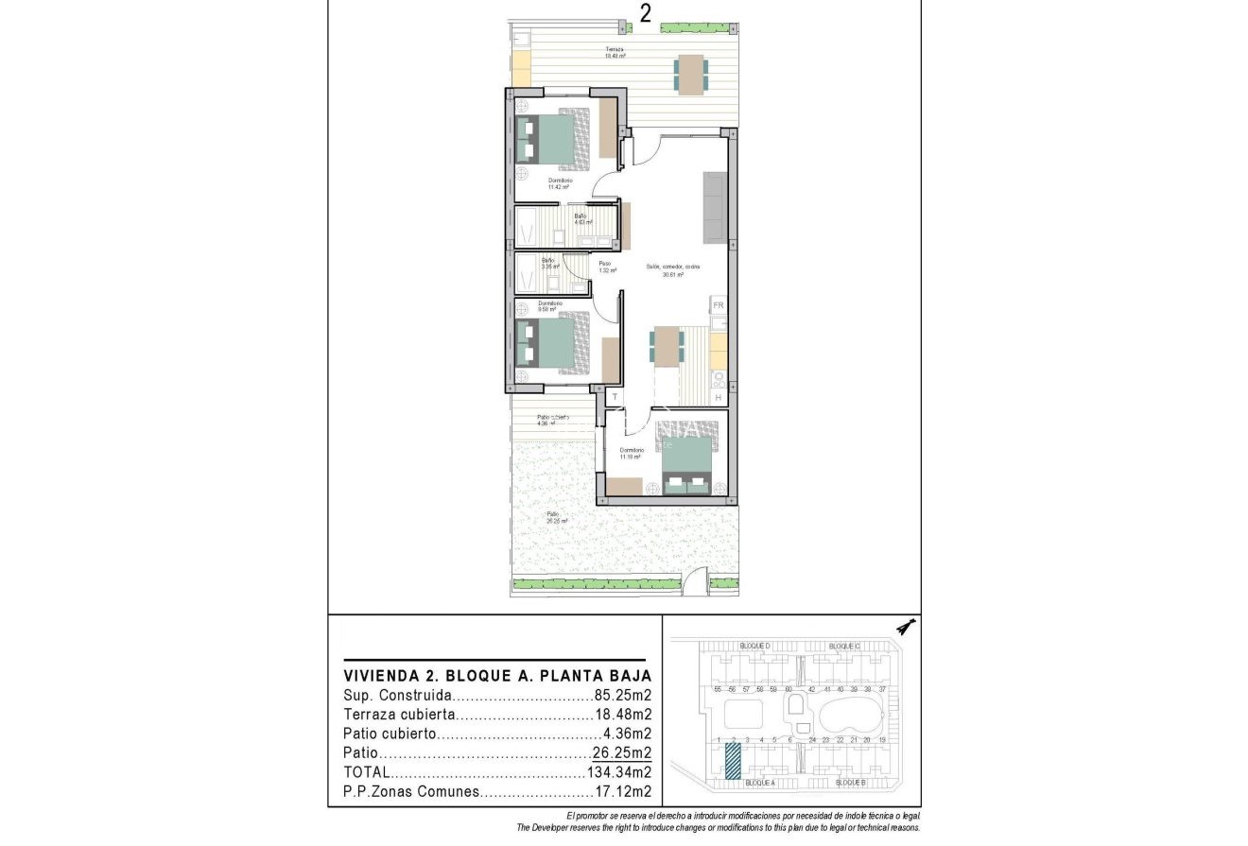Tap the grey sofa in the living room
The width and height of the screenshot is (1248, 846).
pos(714,206)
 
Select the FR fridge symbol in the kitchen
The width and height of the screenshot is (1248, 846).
pos(719,305)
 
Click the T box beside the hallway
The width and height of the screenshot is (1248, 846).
pos(615,397)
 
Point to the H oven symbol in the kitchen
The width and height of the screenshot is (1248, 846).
pos(719,398)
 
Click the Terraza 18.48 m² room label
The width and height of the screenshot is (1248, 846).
pos(615,53)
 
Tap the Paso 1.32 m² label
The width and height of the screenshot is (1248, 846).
pos(605,267)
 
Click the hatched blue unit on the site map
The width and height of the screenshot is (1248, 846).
pos(733,761)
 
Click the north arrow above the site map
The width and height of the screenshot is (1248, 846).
pos(907,627)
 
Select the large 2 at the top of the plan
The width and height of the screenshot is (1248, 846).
pos(646,13)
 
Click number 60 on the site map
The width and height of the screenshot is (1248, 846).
pos(788,690)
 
